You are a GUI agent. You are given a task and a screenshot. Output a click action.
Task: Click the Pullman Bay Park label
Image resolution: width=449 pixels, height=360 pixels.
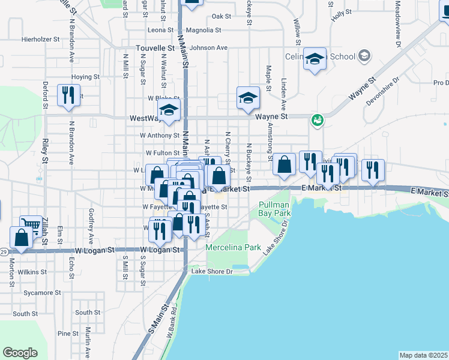tap(274, 209)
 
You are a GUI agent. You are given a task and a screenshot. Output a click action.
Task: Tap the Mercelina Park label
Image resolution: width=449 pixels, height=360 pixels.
tap(233, 247)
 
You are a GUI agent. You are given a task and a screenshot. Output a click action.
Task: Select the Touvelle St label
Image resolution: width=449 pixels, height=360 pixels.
tap(155, 47)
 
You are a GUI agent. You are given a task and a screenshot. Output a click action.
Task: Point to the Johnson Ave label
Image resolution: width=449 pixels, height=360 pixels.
tap(208, 47)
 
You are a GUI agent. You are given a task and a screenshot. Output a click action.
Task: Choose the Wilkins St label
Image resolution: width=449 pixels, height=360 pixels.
tap(32, 272)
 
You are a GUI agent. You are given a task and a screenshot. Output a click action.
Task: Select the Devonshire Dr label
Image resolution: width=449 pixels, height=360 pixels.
tap(382, 92)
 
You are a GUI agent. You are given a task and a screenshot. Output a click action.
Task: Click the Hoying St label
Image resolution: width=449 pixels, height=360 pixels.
tap(85, 77)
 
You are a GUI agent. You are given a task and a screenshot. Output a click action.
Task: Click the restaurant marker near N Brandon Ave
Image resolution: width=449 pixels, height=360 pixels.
tap(68, 95)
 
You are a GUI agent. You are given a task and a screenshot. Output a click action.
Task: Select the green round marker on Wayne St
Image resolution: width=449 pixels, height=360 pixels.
tap(316, 121)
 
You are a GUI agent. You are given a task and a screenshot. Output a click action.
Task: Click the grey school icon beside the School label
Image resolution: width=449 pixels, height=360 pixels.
tap(364, 56)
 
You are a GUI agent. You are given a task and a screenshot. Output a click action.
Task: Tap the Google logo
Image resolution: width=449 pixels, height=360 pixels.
tap(20, 353)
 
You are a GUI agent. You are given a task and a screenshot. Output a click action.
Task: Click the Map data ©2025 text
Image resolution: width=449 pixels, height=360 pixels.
tap(424, 355)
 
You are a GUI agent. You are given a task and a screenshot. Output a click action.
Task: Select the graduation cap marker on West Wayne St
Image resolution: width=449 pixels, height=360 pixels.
tap(169, 110)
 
